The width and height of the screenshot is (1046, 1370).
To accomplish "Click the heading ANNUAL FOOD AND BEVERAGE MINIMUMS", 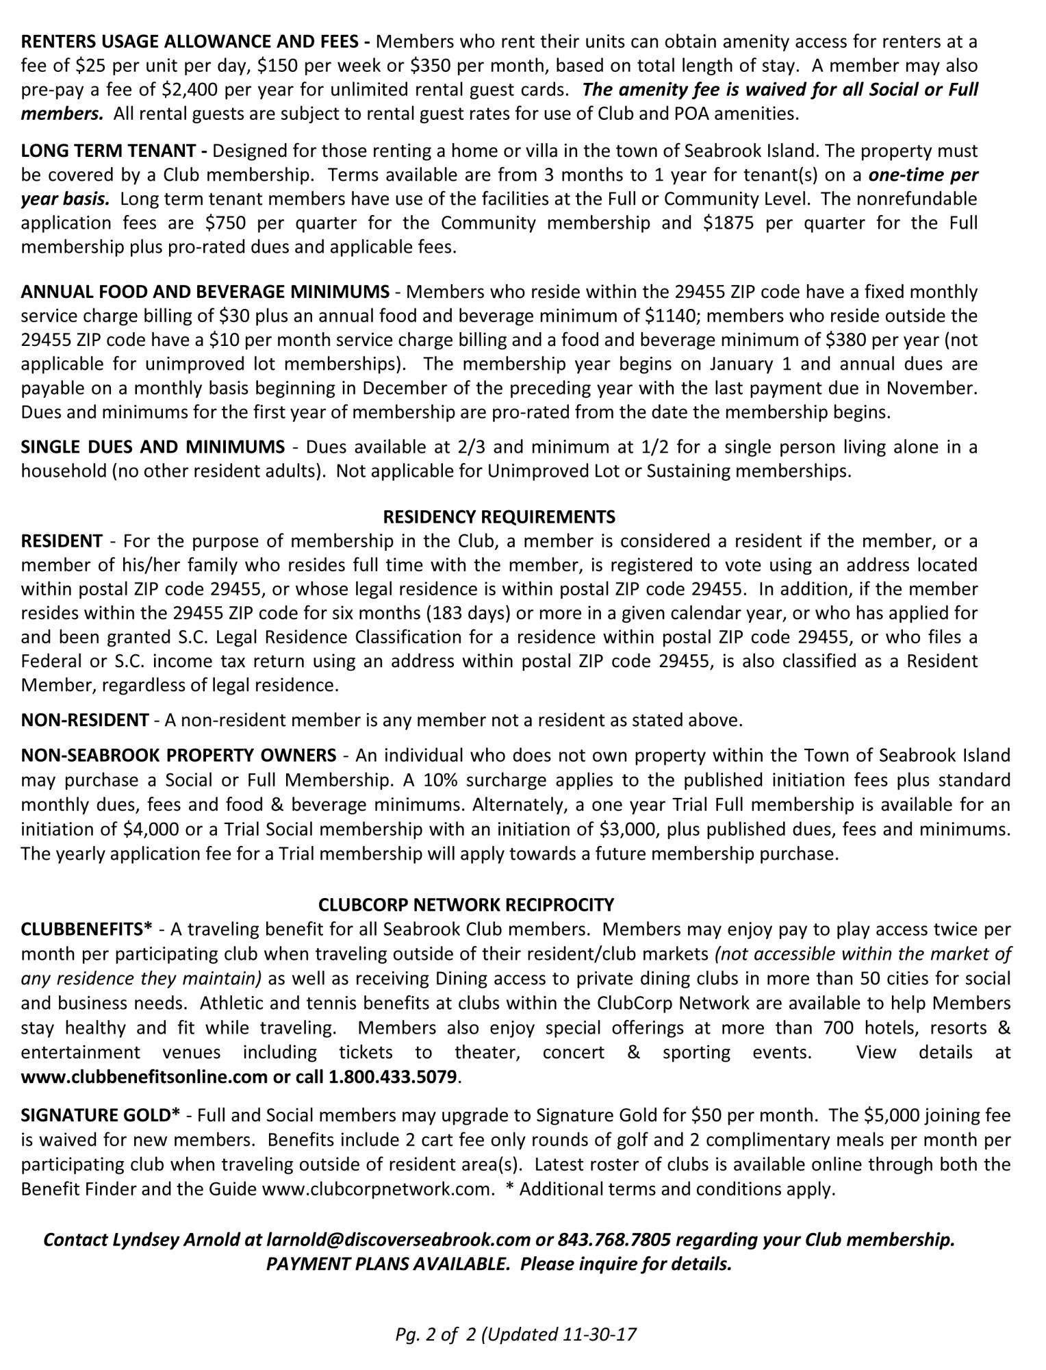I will [x=205, y=292].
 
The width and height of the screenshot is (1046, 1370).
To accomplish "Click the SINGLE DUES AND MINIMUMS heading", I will [x=153, y=447].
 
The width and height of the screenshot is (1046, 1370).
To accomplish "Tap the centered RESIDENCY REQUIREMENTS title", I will [x=499, y=516].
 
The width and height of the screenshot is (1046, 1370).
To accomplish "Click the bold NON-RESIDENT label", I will [x=85, y=720].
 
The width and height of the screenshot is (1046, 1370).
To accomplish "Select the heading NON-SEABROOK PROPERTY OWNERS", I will [x=179, y=756].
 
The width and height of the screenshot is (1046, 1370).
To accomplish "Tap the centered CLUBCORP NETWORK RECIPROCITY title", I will [x=466, y=905].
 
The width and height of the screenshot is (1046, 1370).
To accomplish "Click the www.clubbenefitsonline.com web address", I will [x=144, y=1077].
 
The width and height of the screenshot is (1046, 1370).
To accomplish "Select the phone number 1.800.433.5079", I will [x=392, y=1077].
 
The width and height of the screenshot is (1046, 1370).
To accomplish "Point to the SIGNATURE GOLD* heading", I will [x=101, y=1115].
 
